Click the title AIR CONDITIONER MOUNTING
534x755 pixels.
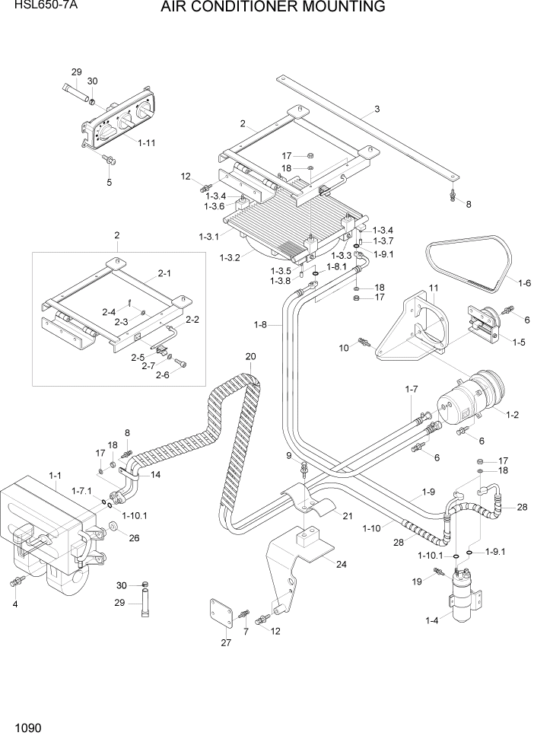click(x=272, y=8)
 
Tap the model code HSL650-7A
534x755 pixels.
click(x=30, y=5)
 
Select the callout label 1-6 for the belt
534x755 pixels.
click(x=524, y=283)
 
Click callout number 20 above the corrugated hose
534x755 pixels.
click(x=250, y=356)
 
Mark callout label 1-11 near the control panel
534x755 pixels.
click(x=147, y=142)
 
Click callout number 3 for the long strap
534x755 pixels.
click(x=377, y=109)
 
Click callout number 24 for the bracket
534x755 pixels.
click(x=340, y=565)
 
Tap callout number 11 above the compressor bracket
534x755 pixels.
click(x=434, y=288)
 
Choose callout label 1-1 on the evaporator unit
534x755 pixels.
click(x=55, y=476)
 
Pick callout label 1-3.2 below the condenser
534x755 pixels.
click(x=230, y=257)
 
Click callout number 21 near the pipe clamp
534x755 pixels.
click(x=348, y=516)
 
